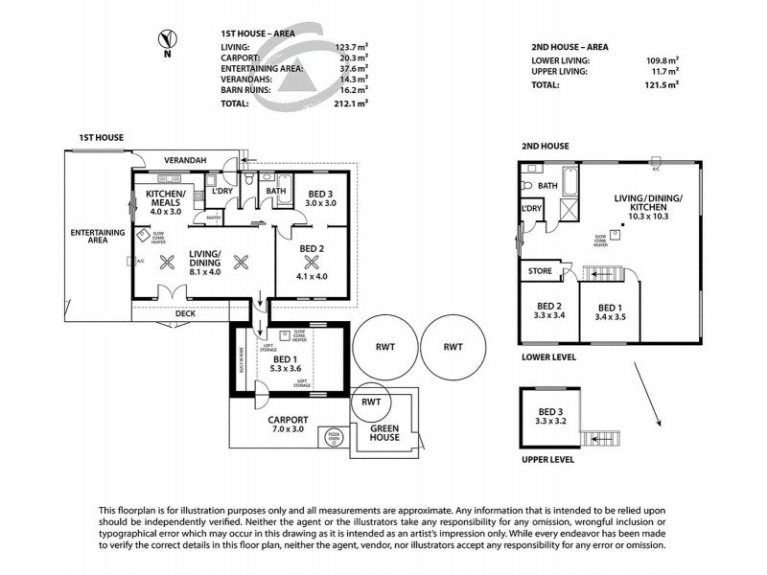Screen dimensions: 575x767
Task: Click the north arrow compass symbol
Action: tap(167, 39)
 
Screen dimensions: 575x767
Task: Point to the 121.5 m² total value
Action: tap(661, 84)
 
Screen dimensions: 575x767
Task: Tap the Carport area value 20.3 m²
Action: tap(352, 57)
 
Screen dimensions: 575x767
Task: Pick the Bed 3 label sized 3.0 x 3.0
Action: tap(314, 197)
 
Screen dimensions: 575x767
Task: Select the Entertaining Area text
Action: tap(98, 237)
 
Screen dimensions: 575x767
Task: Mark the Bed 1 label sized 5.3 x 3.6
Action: tap(285, 363)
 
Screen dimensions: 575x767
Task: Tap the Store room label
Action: tap(540, 271)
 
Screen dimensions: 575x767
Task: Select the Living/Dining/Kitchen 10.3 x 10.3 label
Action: tap(648, 207)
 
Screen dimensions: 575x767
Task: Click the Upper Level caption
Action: tap(547, 459)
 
